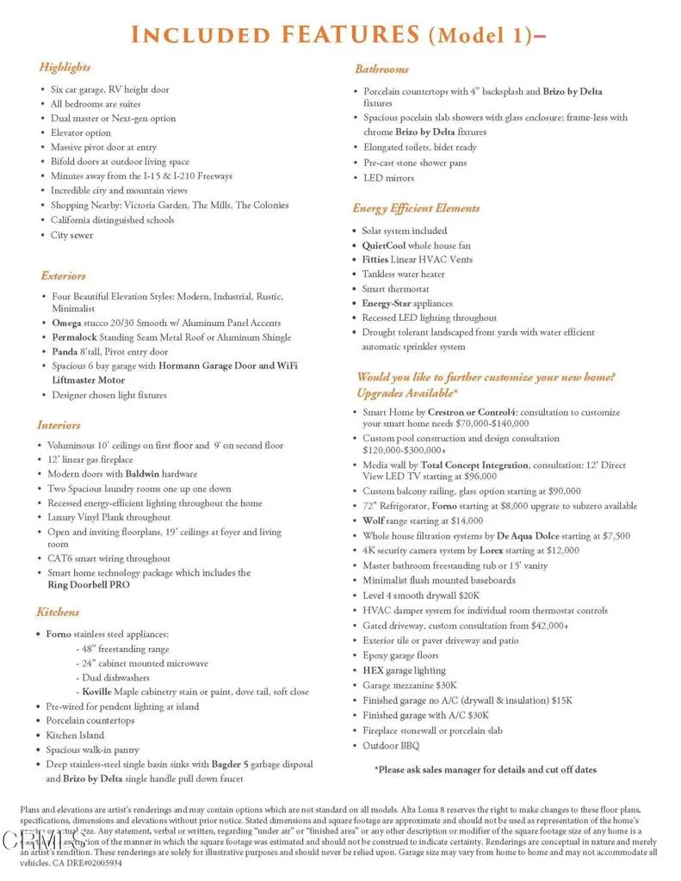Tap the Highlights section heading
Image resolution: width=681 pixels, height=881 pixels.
pos(65,67)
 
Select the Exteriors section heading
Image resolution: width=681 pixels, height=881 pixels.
pos(63,276)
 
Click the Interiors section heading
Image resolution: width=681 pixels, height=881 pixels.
pos(59,425)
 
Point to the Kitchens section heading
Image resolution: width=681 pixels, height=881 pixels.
pos(58,613)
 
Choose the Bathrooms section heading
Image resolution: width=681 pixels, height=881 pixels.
pos(381,69)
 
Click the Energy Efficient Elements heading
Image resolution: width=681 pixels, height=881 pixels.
pos(416,208)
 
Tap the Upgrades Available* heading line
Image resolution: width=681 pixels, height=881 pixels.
pos(406,393)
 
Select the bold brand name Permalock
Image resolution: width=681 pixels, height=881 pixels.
pos(72,337)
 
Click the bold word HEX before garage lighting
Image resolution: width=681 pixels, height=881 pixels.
pos(374,670)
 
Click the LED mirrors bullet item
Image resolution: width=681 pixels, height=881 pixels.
pos(388,178)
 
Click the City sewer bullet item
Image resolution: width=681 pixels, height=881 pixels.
pos(71,235)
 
